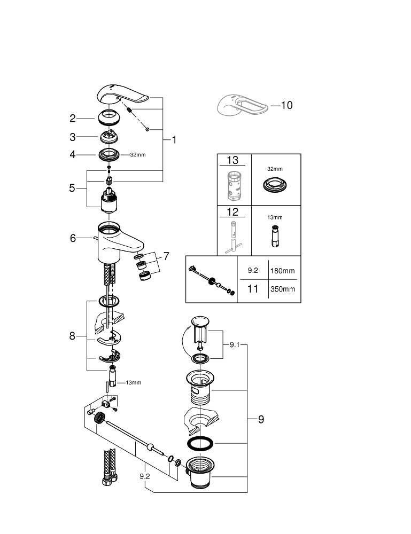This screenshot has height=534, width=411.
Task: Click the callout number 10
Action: coord(287,105)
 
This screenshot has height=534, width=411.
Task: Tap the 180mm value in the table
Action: coord(282,271)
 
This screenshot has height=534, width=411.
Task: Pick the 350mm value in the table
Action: coord(282,289)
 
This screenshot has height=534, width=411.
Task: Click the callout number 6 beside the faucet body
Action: coord(73,239)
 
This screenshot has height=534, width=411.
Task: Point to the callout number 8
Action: coord(73,336)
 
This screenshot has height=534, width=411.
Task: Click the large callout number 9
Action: coord(261,419)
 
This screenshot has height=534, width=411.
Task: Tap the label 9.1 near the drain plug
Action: coord(236,345)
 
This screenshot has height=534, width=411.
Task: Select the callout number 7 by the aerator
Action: coord(166,256)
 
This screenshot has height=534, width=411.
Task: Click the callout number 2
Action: coord(73,119)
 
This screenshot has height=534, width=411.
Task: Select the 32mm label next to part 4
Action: coord(137,155)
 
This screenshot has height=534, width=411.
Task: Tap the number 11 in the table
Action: coord(253,289)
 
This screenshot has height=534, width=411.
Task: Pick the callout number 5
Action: coord(73,188)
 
